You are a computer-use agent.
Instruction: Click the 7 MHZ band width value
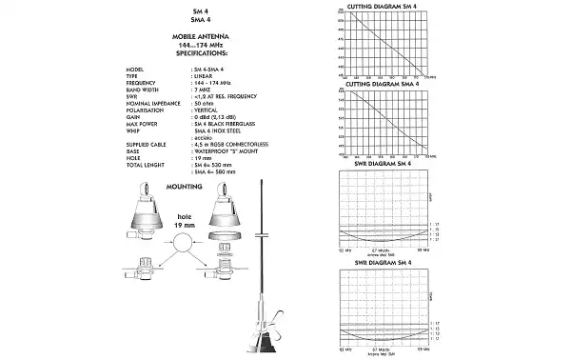pos(202,90)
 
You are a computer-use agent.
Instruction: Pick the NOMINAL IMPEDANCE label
pos(150,104)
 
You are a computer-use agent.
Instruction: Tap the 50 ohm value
pos(202,104)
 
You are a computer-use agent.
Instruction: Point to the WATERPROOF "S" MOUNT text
pos(226,150)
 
